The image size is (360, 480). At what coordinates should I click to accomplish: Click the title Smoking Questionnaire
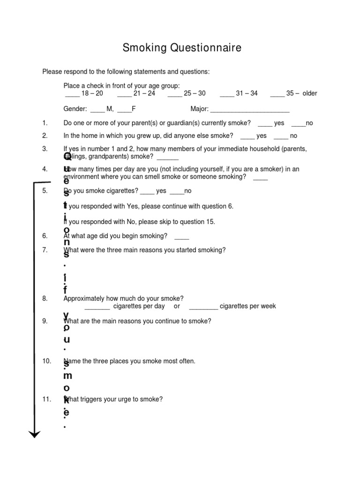tap(182, 47)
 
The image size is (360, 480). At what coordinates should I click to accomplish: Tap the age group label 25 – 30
tap(195, 93)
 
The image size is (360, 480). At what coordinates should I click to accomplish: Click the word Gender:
tap(75, 109)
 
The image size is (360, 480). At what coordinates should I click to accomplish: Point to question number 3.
tap(45, 149)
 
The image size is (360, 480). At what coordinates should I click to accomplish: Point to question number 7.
tap(45, 250)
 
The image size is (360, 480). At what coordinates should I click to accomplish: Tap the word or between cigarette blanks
tap(177, 306)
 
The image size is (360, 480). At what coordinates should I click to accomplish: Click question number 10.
tap(46, 361)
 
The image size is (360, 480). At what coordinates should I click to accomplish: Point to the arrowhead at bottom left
tap(35, 434)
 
